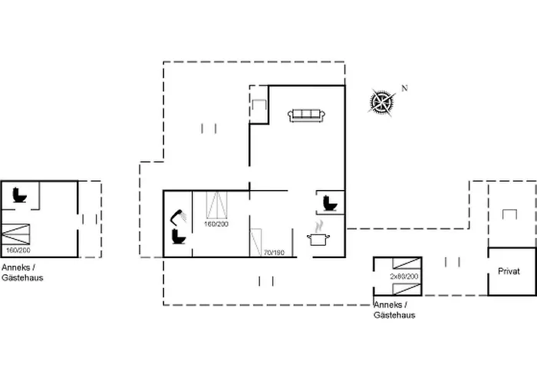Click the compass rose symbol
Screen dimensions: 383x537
coord(381,100)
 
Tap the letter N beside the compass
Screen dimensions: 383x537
coord(404,88)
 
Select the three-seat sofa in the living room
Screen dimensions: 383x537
coord(307,116)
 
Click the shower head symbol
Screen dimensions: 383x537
coord(178,215)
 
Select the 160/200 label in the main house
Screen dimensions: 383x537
coord(216,224)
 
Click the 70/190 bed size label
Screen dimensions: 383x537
coord(274,252)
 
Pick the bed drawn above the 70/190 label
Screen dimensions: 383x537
coord(256,241)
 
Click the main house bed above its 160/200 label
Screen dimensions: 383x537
coord(219,205)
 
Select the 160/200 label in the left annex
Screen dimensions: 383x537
coord(17,250)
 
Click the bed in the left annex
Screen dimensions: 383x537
coord(17,233)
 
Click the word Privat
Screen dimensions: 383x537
coord(509,271)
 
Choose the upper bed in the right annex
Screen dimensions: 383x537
coord(404,265)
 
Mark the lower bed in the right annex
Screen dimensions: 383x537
coord(404,288)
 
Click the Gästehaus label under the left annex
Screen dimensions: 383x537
coord(22,277)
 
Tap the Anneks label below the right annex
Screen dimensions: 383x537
coord(389,305)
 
